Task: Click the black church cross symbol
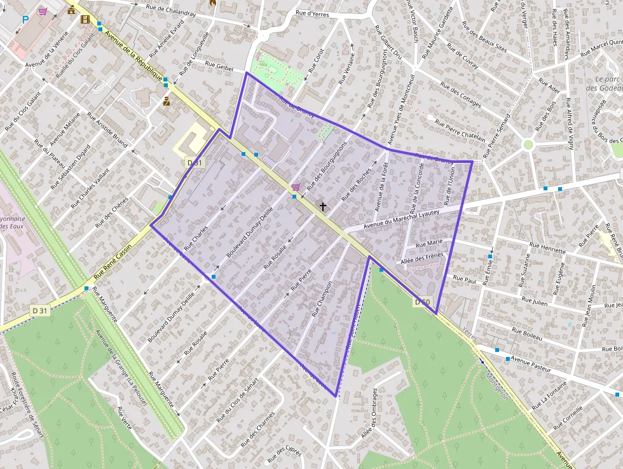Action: point(323,206)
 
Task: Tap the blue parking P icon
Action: point(25,20)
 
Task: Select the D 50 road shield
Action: point(423,302)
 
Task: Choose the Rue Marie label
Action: point(428,243)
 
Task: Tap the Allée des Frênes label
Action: point(422,259)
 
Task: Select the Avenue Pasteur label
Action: point(530,363)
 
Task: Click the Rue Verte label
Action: point(124,418)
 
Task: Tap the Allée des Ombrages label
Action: point(369,412)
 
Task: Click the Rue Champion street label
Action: point(322,299)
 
